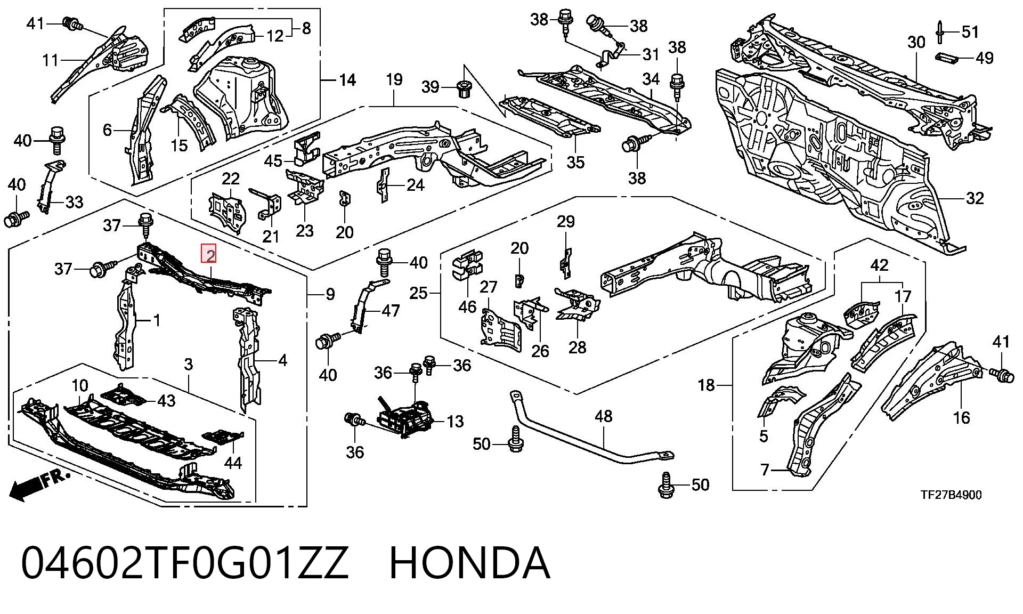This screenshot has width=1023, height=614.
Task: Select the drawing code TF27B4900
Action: (952, 495)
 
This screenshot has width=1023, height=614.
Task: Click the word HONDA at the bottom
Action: (469, 563)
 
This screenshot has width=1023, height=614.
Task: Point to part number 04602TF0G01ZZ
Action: (185, 563)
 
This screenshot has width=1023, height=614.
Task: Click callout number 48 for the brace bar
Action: (603, 416)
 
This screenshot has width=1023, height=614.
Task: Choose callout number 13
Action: (455, 422)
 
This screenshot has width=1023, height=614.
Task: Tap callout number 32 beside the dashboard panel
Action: (975, 198)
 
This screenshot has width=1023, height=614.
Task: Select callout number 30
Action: (916, 42)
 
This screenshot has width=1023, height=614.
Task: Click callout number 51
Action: (970, 32)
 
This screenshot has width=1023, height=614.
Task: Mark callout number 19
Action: (394, 80)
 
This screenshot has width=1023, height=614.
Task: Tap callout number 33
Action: (74, 202)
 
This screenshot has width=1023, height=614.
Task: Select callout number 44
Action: (233, 463)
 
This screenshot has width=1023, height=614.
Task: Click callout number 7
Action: (765, 470)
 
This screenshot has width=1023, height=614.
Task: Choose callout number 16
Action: (961, 417)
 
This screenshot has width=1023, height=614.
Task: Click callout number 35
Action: (575, 161)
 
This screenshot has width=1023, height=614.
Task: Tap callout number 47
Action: (391, 311)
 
